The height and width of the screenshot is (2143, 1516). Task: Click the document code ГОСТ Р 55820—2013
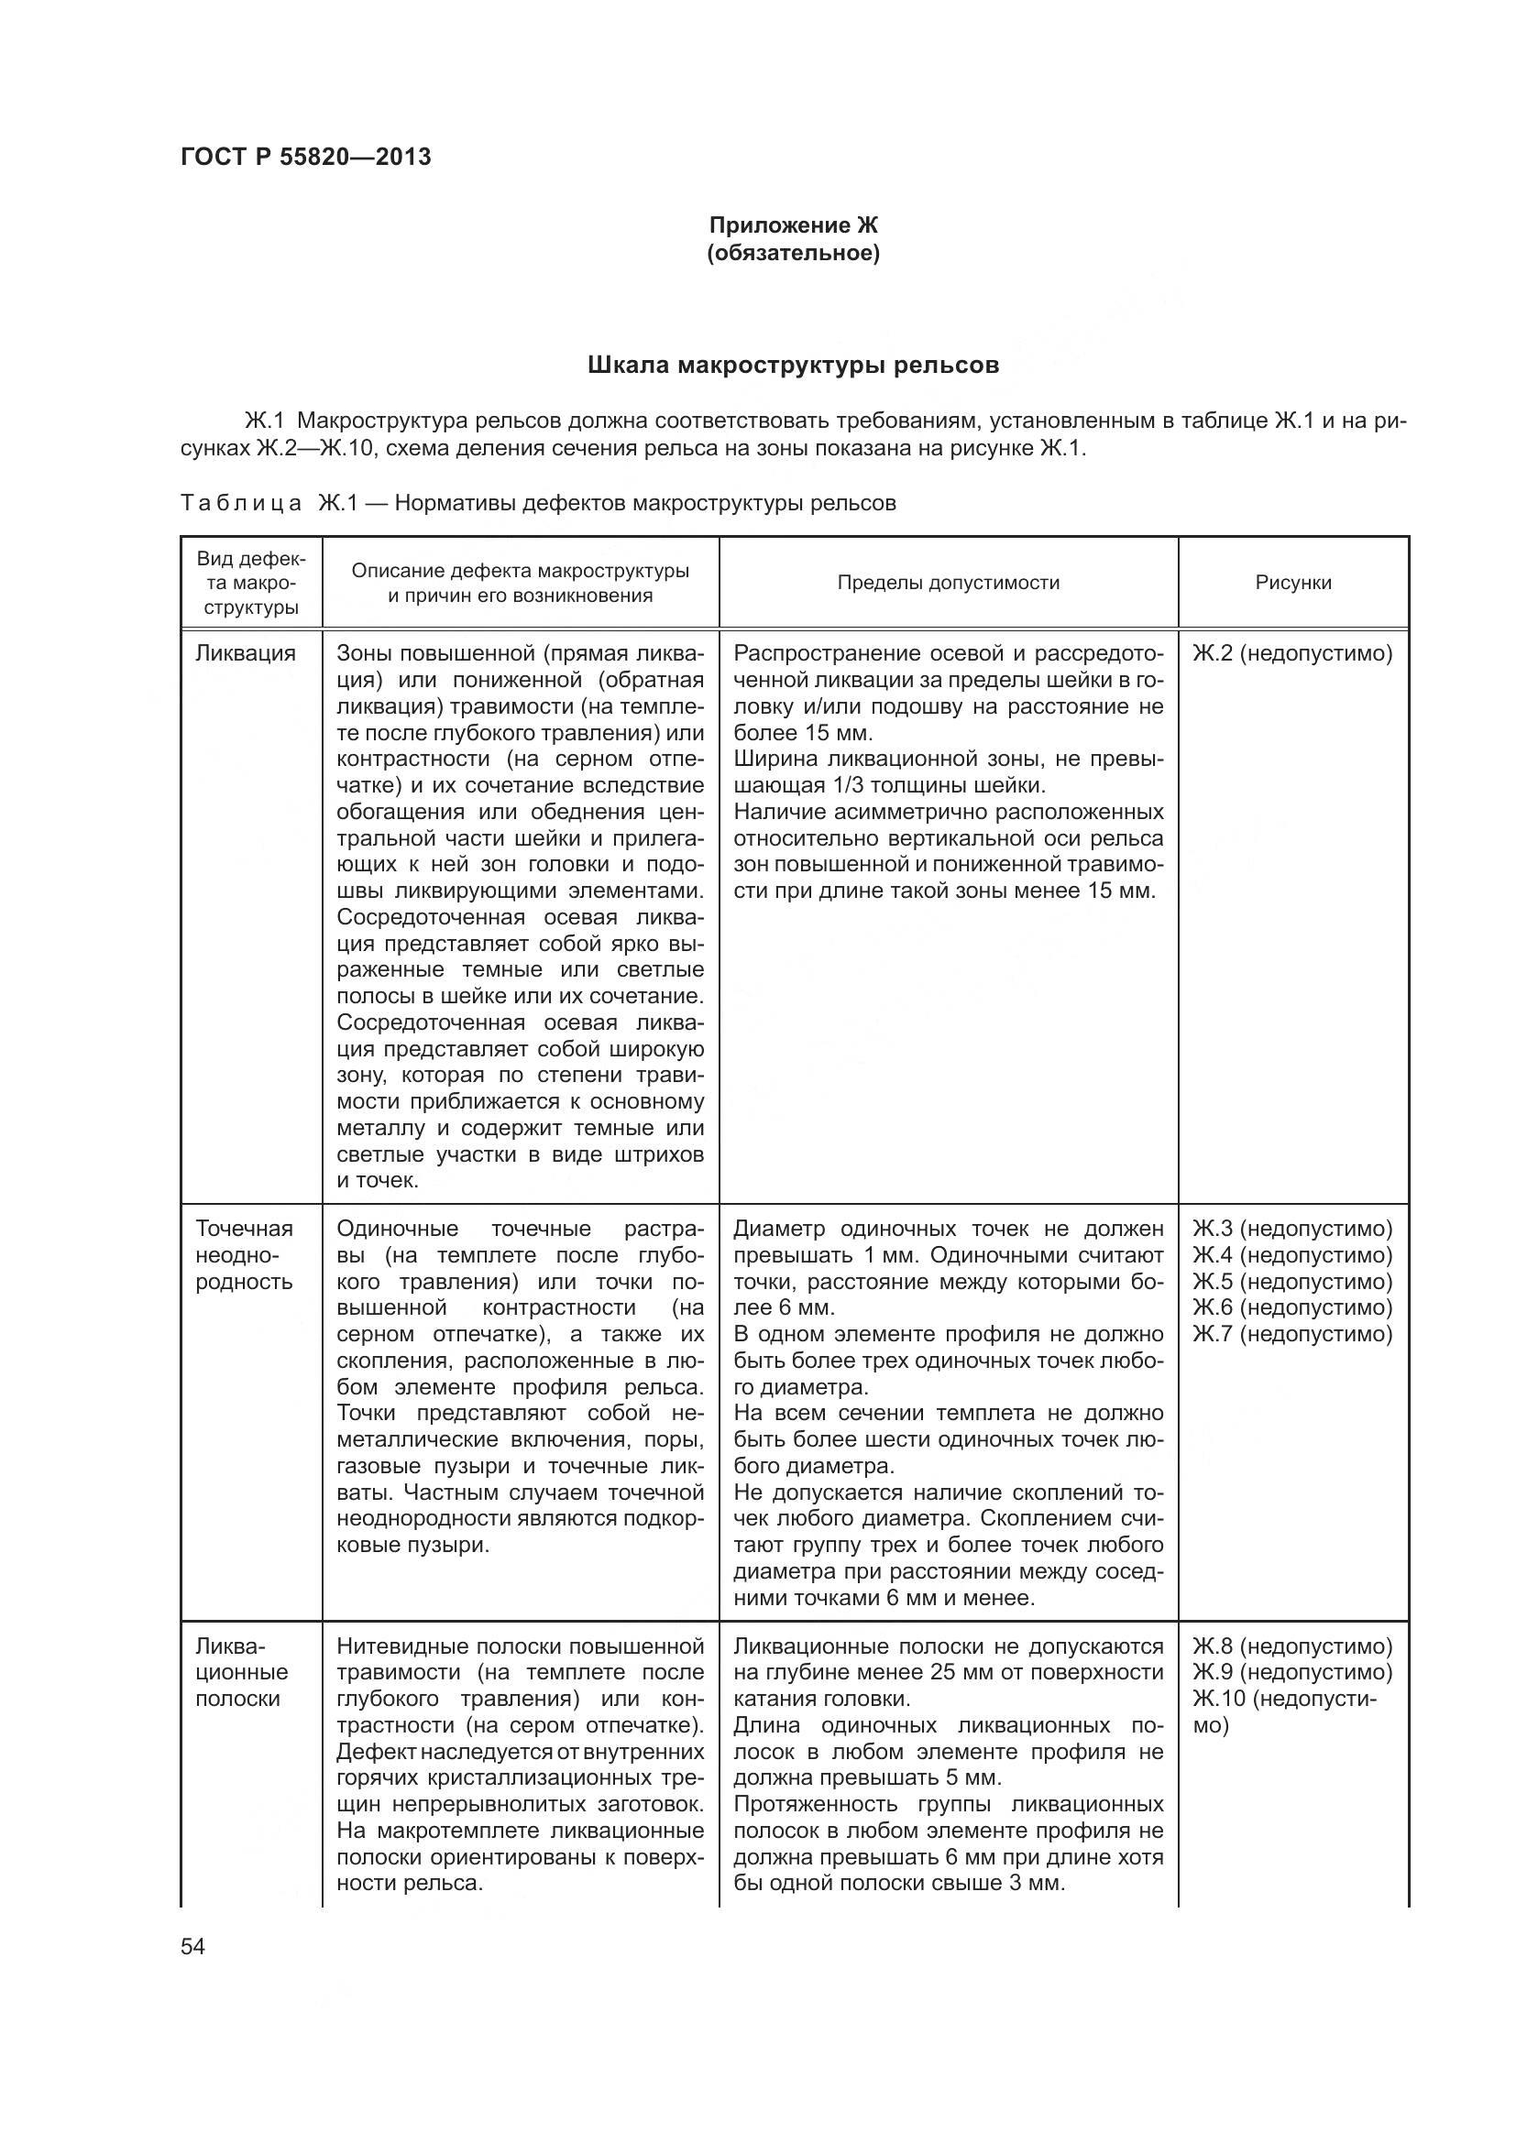(305, 157)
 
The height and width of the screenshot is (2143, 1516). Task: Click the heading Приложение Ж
(793, 225)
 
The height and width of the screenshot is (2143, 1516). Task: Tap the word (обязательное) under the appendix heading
(793, 253)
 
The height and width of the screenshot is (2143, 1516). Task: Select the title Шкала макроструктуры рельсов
(793, 365)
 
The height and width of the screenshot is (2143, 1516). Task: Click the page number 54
(192, 1946)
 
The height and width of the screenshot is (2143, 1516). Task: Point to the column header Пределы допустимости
(948, 583)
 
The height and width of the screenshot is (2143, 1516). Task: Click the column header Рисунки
(1293, 583)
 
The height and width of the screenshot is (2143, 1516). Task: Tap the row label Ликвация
(245, 653)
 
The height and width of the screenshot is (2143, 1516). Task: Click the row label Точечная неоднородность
(244, 1254)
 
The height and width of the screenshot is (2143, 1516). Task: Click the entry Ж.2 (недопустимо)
(1292, 653)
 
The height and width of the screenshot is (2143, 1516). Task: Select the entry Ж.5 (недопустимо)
(1292, 1282)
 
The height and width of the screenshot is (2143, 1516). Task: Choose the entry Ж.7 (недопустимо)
(1292, 1334)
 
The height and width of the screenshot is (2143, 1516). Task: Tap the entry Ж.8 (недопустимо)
(1292, 1646)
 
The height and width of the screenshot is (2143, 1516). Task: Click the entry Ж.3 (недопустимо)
(1292, 1229)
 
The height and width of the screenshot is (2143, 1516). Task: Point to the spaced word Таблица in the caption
(241, 504)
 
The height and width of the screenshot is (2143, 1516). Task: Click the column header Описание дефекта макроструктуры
(520, 583)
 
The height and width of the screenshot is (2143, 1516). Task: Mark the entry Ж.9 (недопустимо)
(1292, 1673)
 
